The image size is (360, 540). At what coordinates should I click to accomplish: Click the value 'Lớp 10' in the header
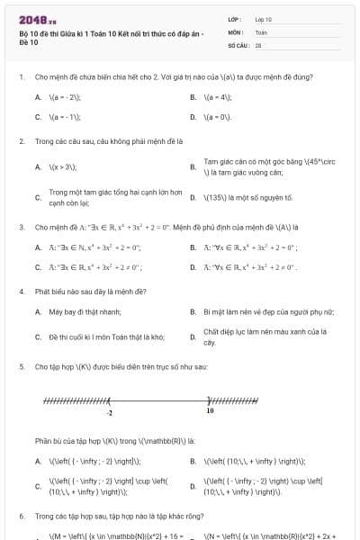point(263,18)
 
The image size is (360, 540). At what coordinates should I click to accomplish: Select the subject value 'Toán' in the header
point(261,31)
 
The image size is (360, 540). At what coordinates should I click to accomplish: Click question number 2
point(22,141)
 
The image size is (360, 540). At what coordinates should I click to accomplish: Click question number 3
point(22,227)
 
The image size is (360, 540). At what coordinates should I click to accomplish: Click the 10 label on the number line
point(210,410)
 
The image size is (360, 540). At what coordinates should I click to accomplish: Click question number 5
point(22,367)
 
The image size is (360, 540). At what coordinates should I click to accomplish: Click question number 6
point(22,517)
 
